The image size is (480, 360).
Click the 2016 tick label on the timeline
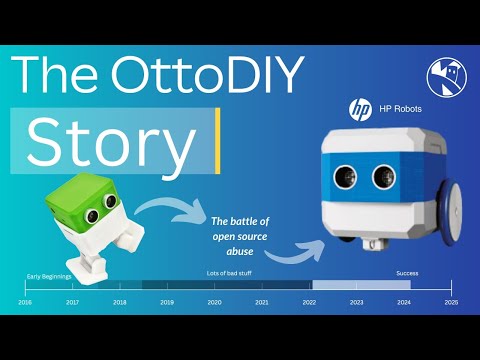click(x=26, y=301)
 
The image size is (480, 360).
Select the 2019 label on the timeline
click(x=167, y=301)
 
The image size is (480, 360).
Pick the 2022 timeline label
click(x=309, y=301)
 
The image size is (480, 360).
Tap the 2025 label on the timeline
click(x=451, y=301)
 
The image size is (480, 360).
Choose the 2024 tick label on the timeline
click(x=404, y=301)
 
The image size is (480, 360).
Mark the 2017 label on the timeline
click(x=73, y=301)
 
